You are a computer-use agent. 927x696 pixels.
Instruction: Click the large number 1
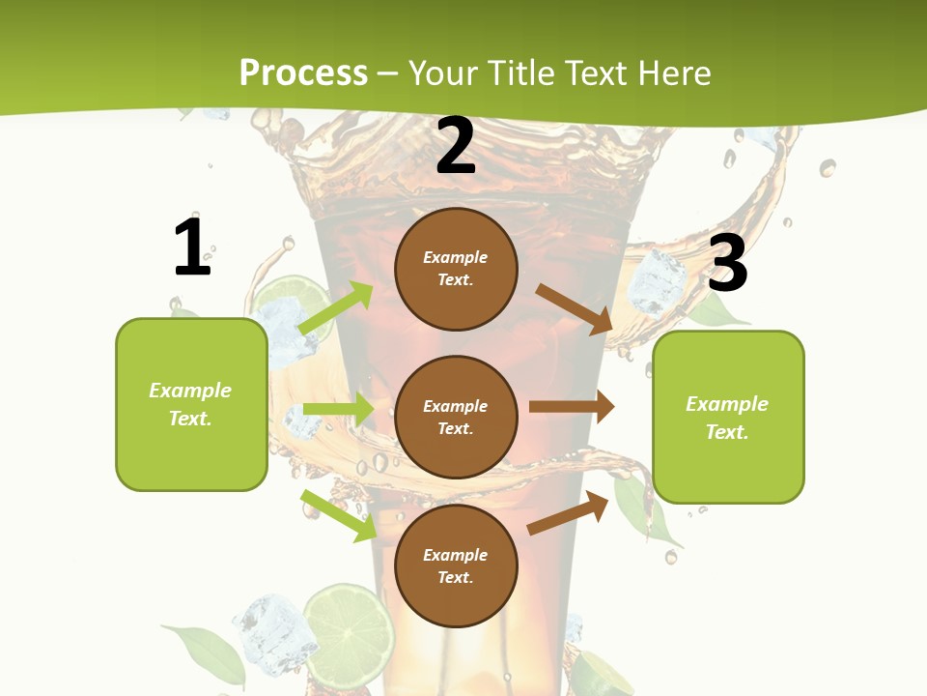[192, 247]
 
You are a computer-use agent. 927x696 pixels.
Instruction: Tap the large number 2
[456, 147]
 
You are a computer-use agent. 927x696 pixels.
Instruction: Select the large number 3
[727, 263]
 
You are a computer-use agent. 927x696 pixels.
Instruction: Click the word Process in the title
[303, 72]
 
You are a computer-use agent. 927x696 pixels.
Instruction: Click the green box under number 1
[191, 404]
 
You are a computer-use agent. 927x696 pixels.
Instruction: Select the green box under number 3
[728, 418]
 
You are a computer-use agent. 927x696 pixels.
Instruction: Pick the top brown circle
[456, 269]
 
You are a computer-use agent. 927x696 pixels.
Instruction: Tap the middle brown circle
[456, 417]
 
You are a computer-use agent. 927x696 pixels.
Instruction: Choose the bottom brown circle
[456, 565]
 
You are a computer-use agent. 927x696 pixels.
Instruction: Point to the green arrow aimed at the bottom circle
[338, 515]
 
